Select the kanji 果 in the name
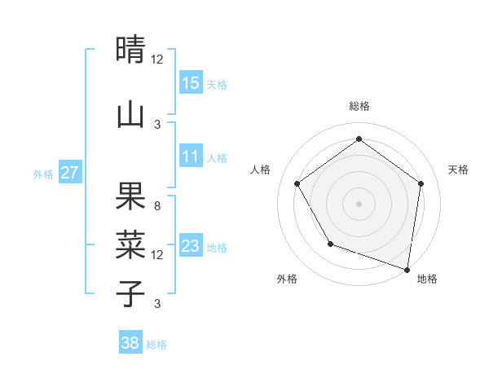131,196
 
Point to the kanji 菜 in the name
131,244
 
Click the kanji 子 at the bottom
131,293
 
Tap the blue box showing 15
191,82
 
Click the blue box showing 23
191,245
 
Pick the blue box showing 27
70,172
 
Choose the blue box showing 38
130,343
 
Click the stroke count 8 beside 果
157,206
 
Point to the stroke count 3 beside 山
157,125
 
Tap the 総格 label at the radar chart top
359,106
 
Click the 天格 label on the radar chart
458,169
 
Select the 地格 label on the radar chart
427,279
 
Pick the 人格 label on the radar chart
261,169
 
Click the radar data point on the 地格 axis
407,269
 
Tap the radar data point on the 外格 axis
330,244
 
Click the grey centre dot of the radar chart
359,203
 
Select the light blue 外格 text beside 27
42,174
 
